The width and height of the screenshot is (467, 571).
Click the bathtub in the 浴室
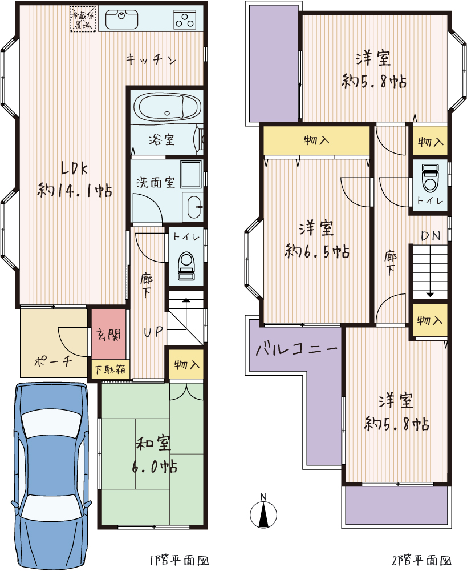coord(167,107)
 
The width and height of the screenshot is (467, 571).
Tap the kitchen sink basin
coord(122,19)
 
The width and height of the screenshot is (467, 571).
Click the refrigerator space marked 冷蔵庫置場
coord(83,19)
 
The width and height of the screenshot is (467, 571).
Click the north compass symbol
coord(263,511)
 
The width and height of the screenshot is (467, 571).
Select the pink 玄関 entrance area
coord(109,334)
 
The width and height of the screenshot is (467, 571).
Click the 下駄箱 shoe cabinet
coord(110,369)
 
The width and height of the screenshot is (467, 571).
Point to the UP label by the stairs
coord(153,332)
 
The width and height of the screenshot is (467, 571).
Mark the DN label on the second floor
coord(431,236)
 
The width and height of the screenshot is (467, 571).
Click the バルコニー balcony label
coord(297,349)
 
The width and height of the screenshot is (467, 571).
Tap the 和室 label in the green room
coord(153,443)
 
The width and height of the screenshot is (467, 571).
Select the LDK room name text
coord(74,168)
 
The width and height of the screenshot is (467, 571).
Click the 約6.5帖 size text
coord(317,251)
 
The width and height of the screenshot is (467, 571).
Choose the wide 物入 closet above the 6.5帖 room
coord(316,140)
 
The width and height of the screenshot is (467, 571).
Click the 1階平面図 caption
coord(179,560)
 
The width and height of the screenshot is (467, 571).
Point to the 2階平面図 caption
coord(421,560)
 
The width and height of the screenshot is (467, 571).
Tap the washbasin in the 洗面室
coord(194,208)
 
